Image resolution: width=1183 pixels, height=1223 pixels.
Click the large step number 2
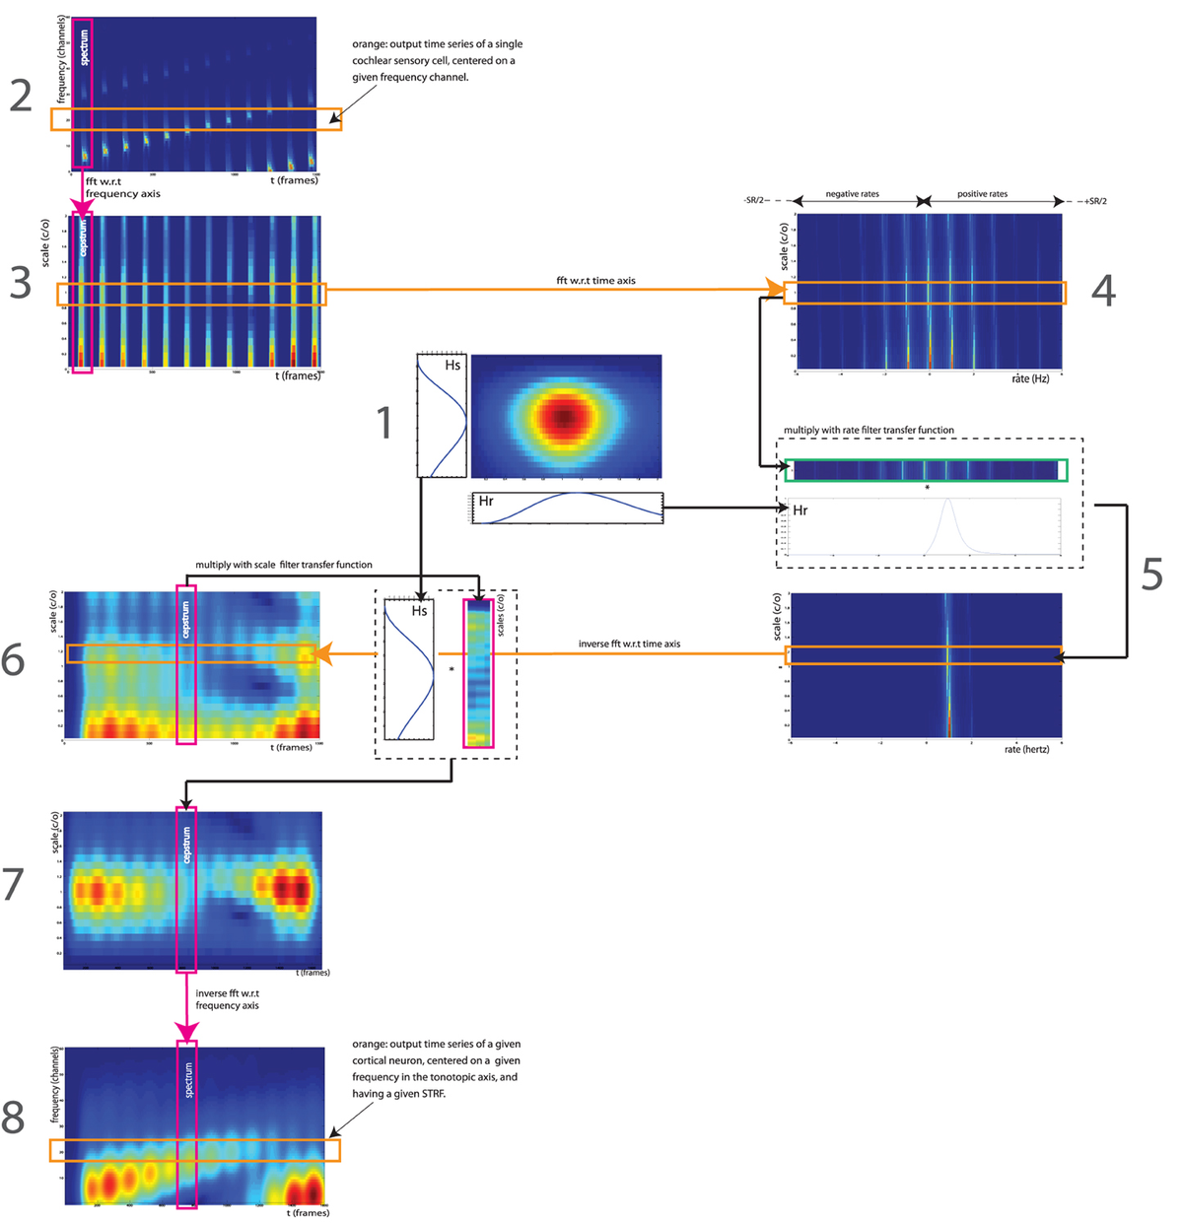(x=21, y=96)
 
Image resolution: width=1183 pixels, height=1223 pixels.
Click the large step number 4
(x=1103, y=290)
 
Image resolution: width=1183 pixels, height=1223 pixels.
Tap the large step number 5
(x=1151, y=575)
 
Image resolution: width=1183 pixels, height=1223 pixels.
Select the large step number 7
(x=14, y=884)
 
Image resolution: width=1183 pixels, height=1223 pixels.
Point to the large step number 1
(x=385, y=423)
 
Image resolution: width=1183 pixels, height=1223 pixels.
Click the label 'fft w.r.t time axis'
(x=595, y=281)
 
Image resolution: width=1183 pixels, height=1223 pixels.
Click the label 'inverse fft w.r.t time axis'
(x=629, y=644)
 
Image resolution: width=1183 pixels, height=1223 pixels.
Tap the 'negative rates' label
(x=852, y=194)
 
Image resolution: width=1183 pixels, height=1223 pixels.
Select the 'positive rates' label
(x=982, y=194)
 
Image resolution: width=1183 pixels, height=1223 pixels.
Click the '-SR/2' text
(x=756, y=201)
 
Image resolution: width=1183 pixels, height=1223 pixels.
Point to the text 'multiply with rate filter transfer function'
(x=869, y=430)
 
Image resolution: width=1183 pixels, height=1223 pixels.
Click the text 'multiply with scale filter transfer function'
(x=284, y=565)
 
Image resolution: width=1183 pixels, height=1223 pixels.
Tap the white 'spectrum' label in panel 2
(x=84, y=47)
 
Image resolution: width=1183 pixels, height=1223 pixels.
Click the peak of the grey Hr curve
(x=947, y=501)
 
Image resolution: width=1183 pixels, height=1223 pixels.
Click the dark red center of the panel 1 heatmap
(x=564, y=417)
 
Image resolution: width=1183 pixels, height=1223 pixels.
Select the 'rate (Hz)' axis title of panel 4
(x=1030, y=378)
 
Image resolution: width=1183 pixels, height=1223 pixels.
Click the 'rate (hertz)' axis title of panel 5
(x=1026, y=749)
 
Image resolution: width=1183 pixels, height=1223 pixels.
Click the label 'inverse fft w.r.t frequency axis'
(x=227, y=999)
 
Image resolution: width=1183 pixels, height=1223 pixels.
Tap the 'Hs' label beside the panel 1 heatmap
(x=452, y=365)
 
